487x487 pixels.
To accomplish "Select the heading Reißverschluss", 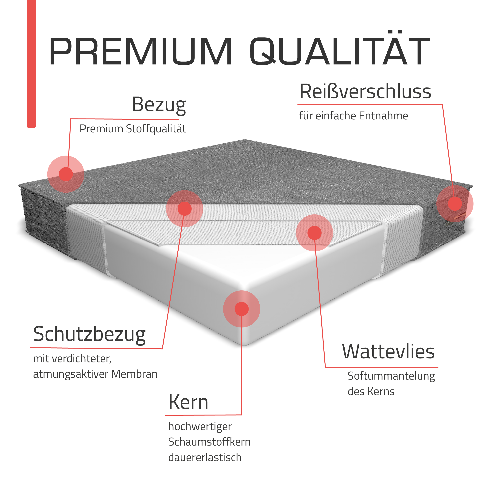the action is pos(365,91).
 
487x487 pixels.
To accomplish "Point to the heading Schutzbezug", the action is pos(90,334).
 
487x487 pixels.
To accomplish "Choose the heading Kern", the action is pos(188,402).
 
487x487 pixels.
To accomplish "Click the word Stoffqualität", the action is pos(156,129).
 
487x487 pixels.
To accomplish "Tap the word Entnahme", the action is pos(383,116).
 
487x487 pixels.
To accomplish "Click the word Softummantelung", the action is pos(391,376).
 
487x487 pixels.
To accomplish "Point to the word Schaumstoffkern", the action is pos(209,442).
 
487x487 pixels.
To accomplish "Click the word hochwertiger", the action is pos(200,427).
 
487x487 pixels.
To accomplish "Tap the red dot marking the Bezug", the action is pos(66,174).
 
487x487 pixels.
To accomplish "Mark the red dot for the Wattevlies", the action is pos(315,233).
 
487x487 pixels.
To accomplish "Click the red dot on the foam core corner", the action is pos(242,309).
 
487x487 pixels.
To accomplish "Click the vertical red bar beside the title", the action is pos(32,64).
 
